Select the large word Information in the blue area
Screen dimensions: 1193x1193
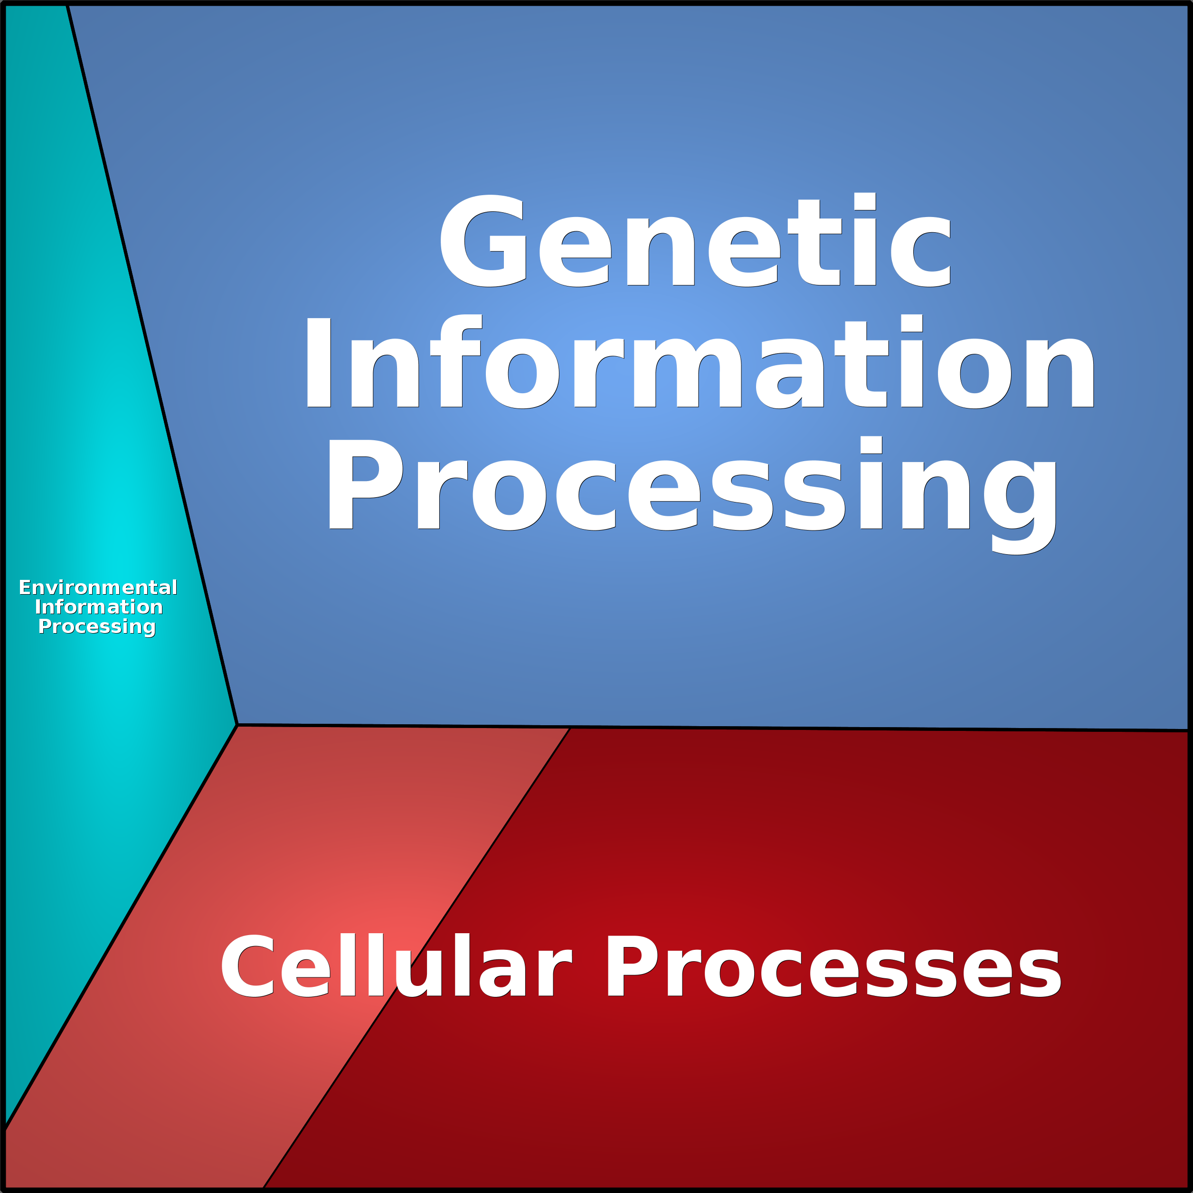click(700, 361)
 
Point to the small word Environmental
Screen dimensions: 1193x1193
click(97, 587)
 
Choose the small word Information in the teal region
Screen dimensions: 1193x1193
click(99, 607)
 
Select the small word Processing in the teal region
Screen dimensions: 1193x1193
click(97, 627)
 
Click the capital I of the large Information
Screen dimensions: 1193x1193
click(319, 363)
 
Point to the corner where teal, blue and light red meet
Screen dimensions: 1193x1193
click(237, 724)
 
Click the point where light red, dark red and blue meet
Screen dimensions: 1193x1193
click(570, 728)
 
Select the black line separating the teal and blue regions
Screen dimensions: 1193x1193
click(152, 364)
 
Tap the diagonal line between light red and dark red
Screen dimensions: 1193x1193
click(417, 958)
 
